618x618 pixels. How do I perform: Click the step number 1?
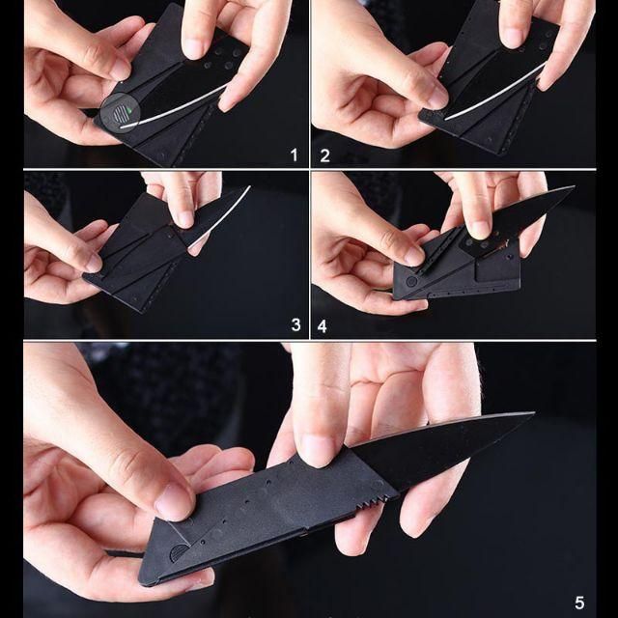(294, 154)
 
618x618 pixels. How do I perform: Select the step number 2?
(324, 154)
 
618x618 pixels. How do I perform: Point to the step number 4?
(323, 325)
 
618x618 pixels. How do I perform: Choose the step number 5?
(579, 603)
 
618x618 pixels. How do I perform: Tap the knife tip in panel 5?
(532, 415)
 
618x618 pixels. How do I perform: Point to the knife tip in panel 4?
(573, 188)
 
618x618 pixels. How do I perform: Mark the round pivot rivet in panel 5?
(178, 553)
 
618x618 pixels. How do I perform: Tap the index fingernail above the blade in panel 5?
(317, 449)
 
